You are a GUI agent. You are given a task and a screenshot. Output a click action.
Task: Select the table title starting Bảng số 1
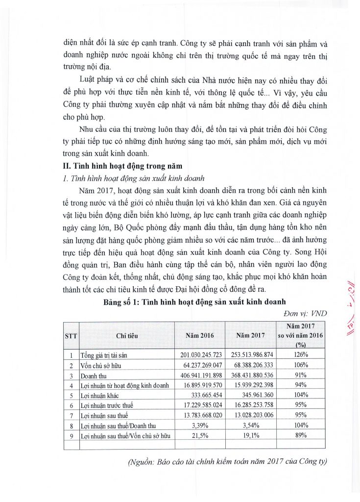pyautogui.click(x=194, y=301)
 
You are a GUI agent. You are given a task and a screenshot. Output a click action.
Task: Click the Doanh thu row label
pyautogui.click(x=95, y=375)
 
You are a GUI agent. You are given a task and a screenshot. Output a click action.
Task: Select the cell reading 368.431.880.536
pyautogui.click(x=250, y=375)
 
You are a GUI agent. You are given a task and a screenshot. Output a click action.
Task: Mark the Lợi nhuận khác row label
pyautogui.click(x=100, y=395)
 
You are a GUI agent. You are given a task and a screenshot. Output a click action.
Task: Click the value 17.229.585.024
pyautogui.click(x=199, y=405)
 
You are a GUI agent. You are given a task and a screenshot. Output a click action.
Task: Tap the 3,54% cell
pyautogui.click(x=250, y=426)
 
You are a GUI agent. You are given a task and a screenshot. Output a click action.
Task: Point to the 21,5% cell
pyautogui.click(x=199, y=435)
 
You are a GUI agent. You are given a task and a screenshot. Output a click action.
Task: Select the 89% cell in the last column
pyautogui.click(x=301, y=435)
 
